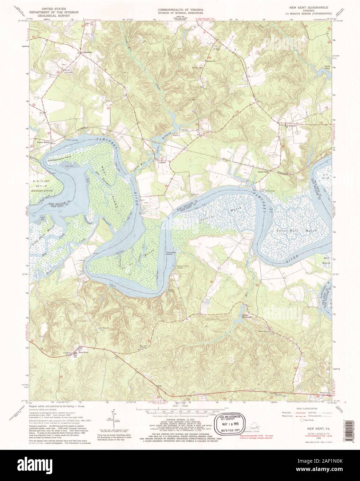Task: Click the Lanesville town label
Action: [88, 52]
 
